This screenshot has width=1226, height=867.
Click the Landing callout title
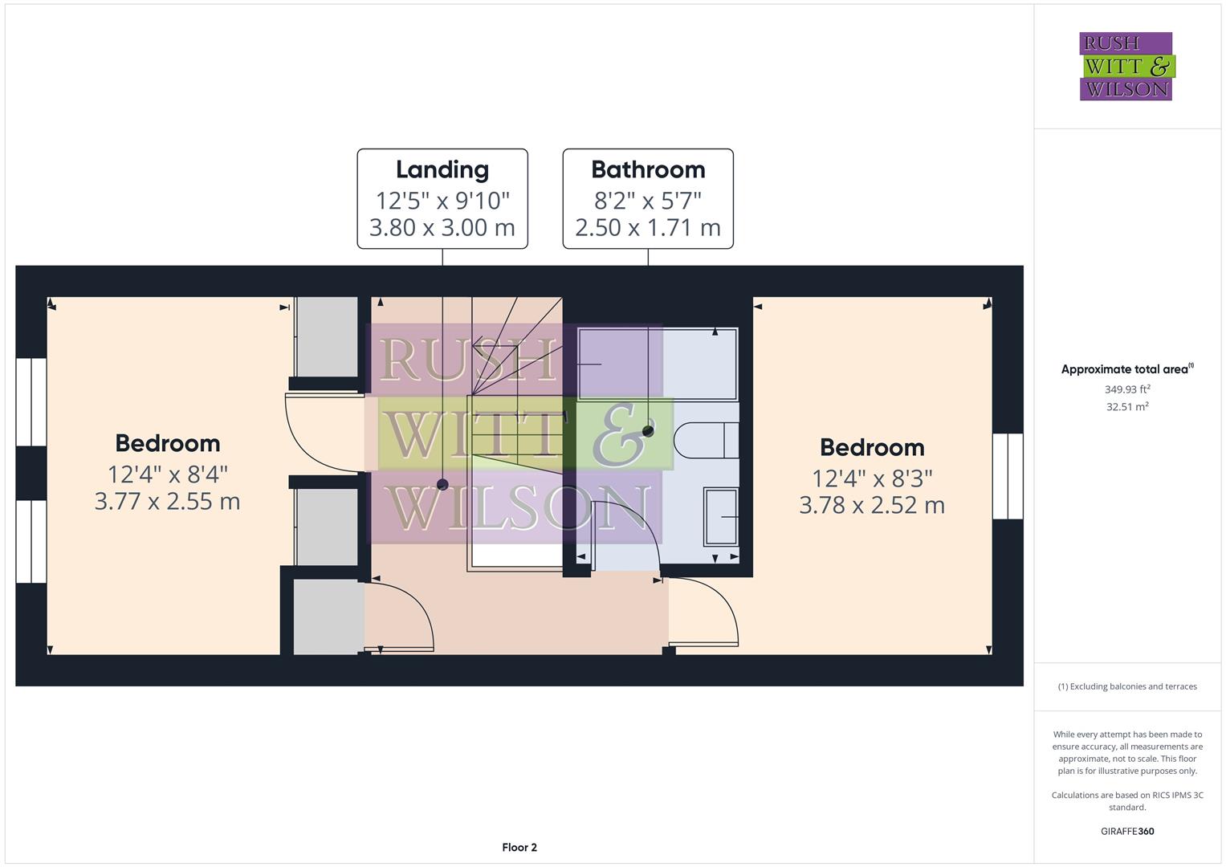[442, 169]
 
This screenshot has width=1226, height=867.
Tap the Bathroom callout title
[648, 169]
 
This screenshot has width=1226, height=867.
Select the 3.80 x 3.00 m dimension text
[442, 228]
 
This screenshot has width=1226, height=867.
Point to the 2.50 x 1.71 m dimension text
[648, 228]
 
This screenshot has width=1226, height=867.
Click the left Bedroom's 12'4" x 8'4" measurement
[168, 474]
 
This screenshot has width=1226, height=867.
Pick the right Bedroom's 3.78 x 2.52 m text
[872, 505]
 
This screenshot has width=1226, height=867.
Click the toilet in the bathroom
[706, 440]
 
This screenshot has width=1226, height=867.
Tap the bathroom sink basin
[720, 516]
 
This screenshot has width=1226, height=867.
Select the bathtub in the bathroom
[658, 364]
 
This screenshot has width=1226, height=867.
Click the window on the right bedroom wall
[1008, 476]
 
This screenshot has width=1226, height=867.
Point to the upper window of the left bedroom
[31, 401]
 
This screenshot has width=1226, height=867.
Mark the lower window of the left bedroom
[31, 542]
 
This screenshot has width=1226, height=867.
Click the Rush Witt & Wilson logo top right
[1126, 67]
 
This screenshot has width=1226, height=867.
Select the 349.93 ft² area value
[1127, 389]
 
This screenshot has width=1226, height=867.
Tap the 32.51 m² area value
[1127, 407]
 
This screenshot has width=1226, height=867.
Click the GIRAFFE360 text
[1127, 831]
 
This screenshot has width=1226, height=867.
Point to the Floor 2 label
[519, 847]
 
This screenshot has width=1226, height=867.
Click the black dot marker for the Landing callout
[442, 484]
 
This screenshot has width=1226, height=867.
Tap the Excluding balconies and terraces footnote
[1127, 686]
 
